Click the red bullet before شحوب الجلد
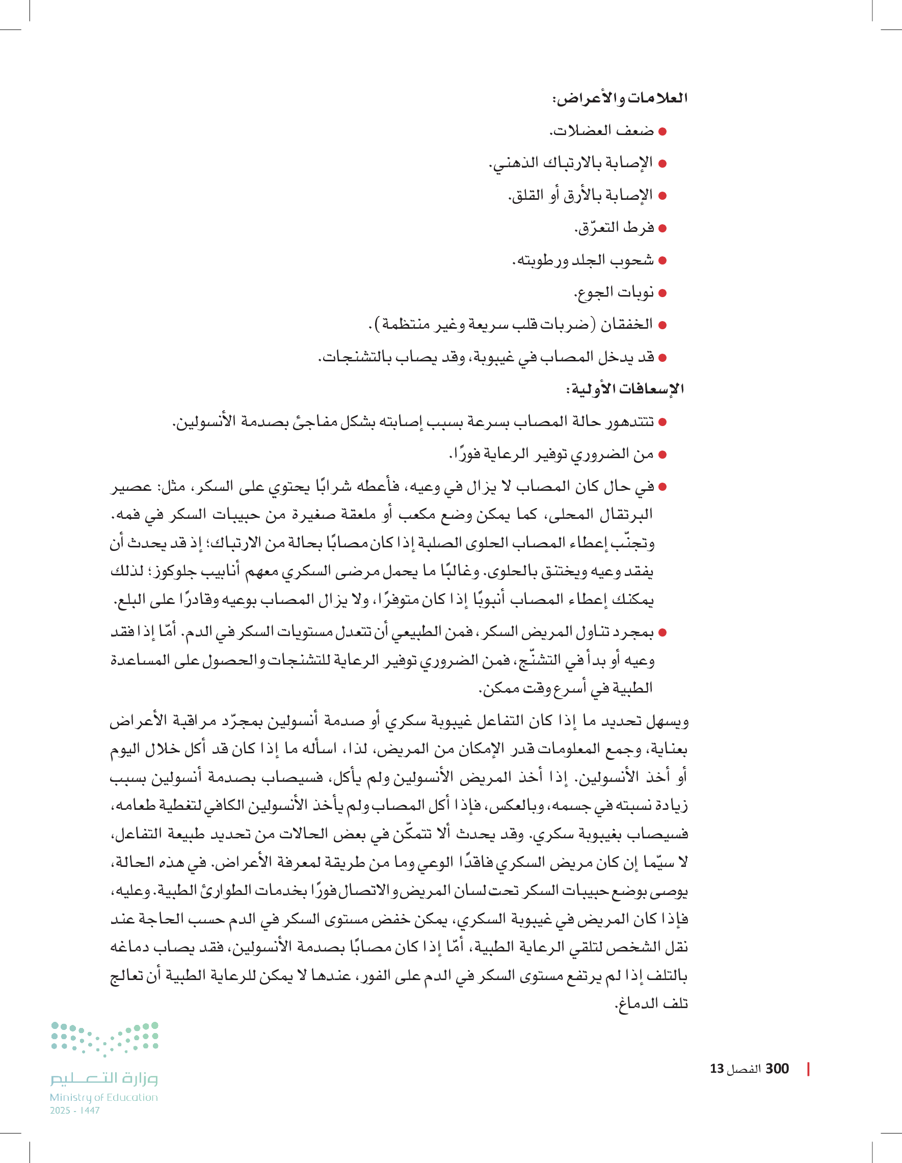[x=662, y=260]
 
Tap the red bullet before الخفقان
[x=662, y=325]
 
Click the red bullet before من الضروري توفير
[x=662, y=455]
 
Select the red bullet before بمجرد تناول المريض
[x=662, y=632]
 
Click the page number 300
[x=777, y=1069]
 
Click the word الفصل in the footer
[x=745, y=1069]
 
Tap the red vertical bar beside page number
[x=808, y=1069]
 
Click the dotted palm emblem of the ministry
[x=105, y=1039]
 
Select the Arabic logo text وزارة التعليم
[x=104, y=1078]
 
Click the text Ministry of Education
[x=104, y=1097]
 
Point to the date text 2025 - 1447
[x=75, y=1111]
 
